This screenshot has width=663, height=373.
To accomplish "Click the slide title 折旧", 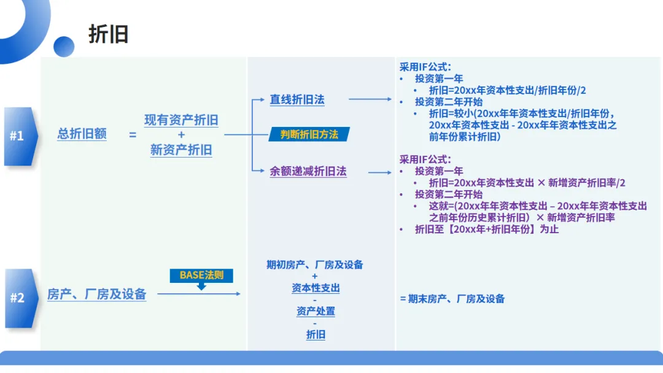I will coord(109,34).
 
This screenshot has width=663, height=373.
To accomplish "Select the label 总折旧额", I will coord(82,134).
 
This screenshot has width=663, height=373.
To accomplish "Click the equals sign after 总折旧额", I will coord(133,134).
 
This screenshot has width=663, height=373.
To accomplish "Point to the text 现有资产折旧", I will coord(181,120).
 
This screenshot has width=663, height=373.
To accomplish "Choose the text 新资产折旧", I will coord(181,150).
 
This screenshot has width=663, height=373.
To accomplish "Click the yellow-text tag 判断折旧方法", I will coord(309,134).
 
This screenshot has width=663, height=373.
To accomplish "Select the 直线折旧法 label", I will coord(297,99).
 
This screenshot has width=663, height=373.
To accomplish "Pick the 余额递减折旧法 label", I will coord(308,172).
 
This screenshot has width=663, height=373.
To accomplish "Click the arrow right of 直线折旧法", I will coord(370,99).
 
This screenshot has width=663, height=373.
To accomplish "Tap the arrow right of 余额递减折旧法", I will coord(379,172).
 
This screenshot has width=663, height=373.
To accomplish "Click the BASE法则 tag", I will coord(201,275).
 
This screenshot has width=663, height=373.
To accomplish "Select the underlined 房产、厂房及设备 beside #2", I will coord(97,294).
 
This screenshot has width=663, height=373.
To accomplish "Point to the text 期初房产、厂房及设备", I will coord(315,265).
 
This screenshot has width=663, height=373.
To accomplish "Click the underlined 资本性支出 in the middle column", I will coord(316,288).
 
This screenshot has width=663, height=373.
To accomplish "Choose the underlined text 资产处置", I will coord(316,312).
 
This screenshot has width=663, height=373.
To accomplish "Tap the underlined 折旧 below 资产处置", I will coord(316,335).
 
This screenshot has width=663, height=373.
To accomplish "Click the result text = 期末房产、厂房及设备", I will coord(452,299).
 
